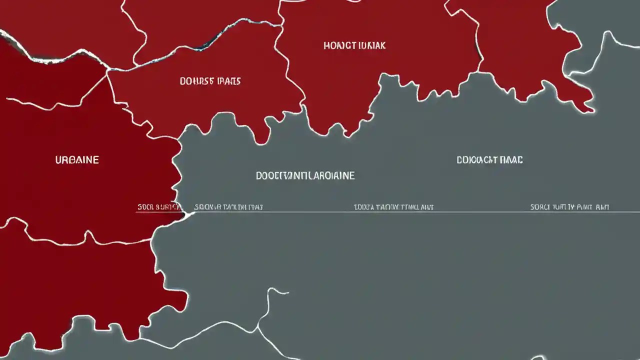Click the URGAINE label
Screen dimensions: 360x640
point(77,160)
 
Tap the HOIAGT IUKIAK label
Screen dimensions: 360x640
point(354,45)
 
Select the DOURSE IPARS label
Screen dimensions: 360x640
point(210,81)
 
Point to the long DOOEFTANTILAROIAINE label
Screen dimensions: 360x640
point(305,175)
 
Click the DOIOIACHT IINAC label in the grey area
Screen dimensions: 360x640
point(489,160)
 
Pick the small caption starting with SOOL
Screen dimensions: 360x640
point(158,207)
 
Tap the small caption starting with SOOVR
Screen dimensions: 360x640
point(228,207)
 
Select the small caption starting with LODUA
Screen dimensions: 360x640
point(393,207)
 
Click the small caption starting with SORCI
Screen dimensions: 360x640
point(569,207)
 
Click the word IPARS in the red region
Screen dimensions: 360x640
point(229,81)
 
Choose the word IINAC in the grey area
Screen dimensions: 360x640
point(511,160)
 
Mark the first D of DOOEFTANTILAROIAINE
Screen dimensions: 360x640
point(259,175)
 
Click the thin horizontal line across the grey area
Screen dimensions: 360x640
point(450,212)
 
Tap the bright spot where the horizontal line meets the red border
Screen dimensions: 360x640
point(188,214)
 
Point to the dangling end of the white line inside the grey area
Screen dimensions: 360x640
point(287,292)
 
